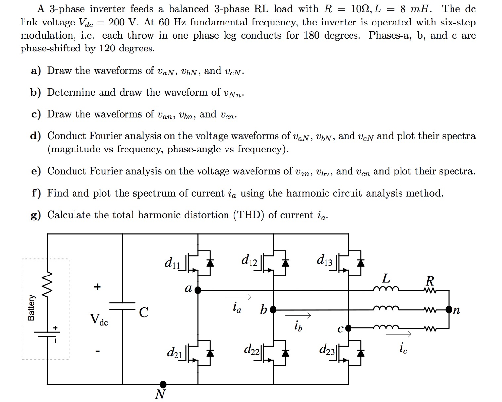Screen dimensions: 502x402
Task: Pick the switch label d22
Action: (251, 349)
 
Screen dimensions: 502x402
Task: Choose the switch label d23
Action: (327, 350)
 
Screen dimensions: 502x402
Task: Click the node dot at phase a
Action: (198, 290)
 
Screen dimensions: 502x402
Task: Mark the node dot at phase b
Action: (273, 309)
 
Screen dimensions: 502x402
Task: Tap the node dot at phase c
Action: (349, 328)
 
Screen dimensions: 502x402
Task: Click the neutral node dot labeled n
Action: (449, 309)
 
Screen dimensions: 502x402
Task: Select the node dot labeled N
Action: (163, 384)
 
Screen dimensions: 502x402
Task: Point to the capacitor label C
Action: (144, 312)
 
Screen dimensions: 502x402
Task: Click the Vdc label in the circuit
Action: (99, 320)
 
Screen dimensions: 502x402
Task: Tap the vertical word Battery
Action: (31, 307)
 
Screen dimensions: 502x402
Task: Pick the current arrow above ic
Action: (398, 335)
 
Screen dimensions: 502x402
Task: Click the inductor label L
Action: (386, 278)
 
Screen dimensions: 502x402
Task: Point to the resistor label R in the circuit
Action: (430, 281)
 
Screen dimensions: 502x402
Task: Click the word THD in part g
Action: (247, 215)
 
